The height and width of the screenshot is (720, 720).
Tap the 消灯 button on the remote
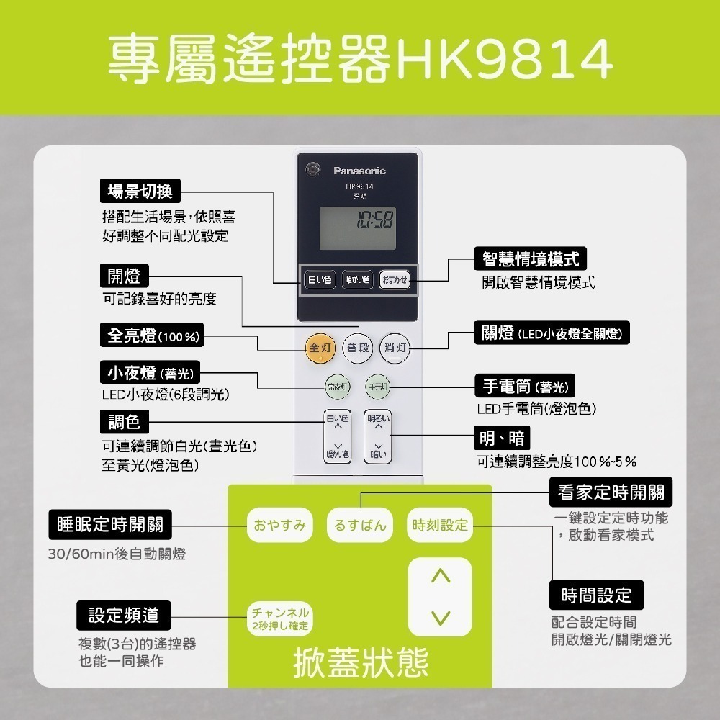(x=395, y=348)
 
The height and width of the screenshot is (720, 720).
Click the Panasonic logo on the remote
(x=359, y=171)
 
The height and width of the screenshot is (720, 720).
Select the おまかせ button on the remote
(x=395, y=279)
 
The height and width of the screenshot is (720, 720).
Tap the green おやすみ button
(x=280, y=525)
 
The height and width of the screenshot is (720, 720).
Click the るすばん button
(x=360, y=525)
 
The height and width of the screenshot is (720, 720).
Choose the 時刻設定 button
(x=440, y=525)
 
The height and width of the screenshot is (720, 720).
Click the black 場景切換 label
(x=140, y=191)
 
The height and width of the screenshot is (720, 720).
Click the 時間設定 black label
(x=596, y=595)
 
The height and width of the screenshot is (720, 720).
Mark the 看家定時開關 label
(x=611, y=492)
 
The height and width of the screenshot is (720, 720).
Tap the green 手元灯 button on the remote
(x=377, y=387)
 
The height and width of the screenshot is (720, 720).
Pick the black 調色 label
(x=124, y=420)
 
